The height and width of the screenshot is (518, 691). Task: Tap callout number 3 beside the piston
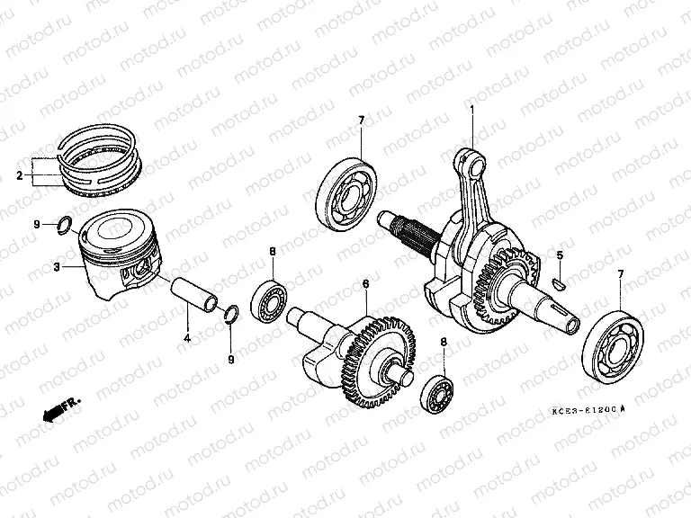click(57, 267)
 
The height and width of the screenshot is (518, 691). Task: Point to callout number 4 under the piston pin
click(186, 338)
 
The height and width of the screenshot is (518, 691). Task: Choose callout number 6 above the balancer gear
click(365, 284)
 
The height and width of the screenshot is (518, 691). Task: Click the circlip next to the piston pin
click(230, 313)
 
